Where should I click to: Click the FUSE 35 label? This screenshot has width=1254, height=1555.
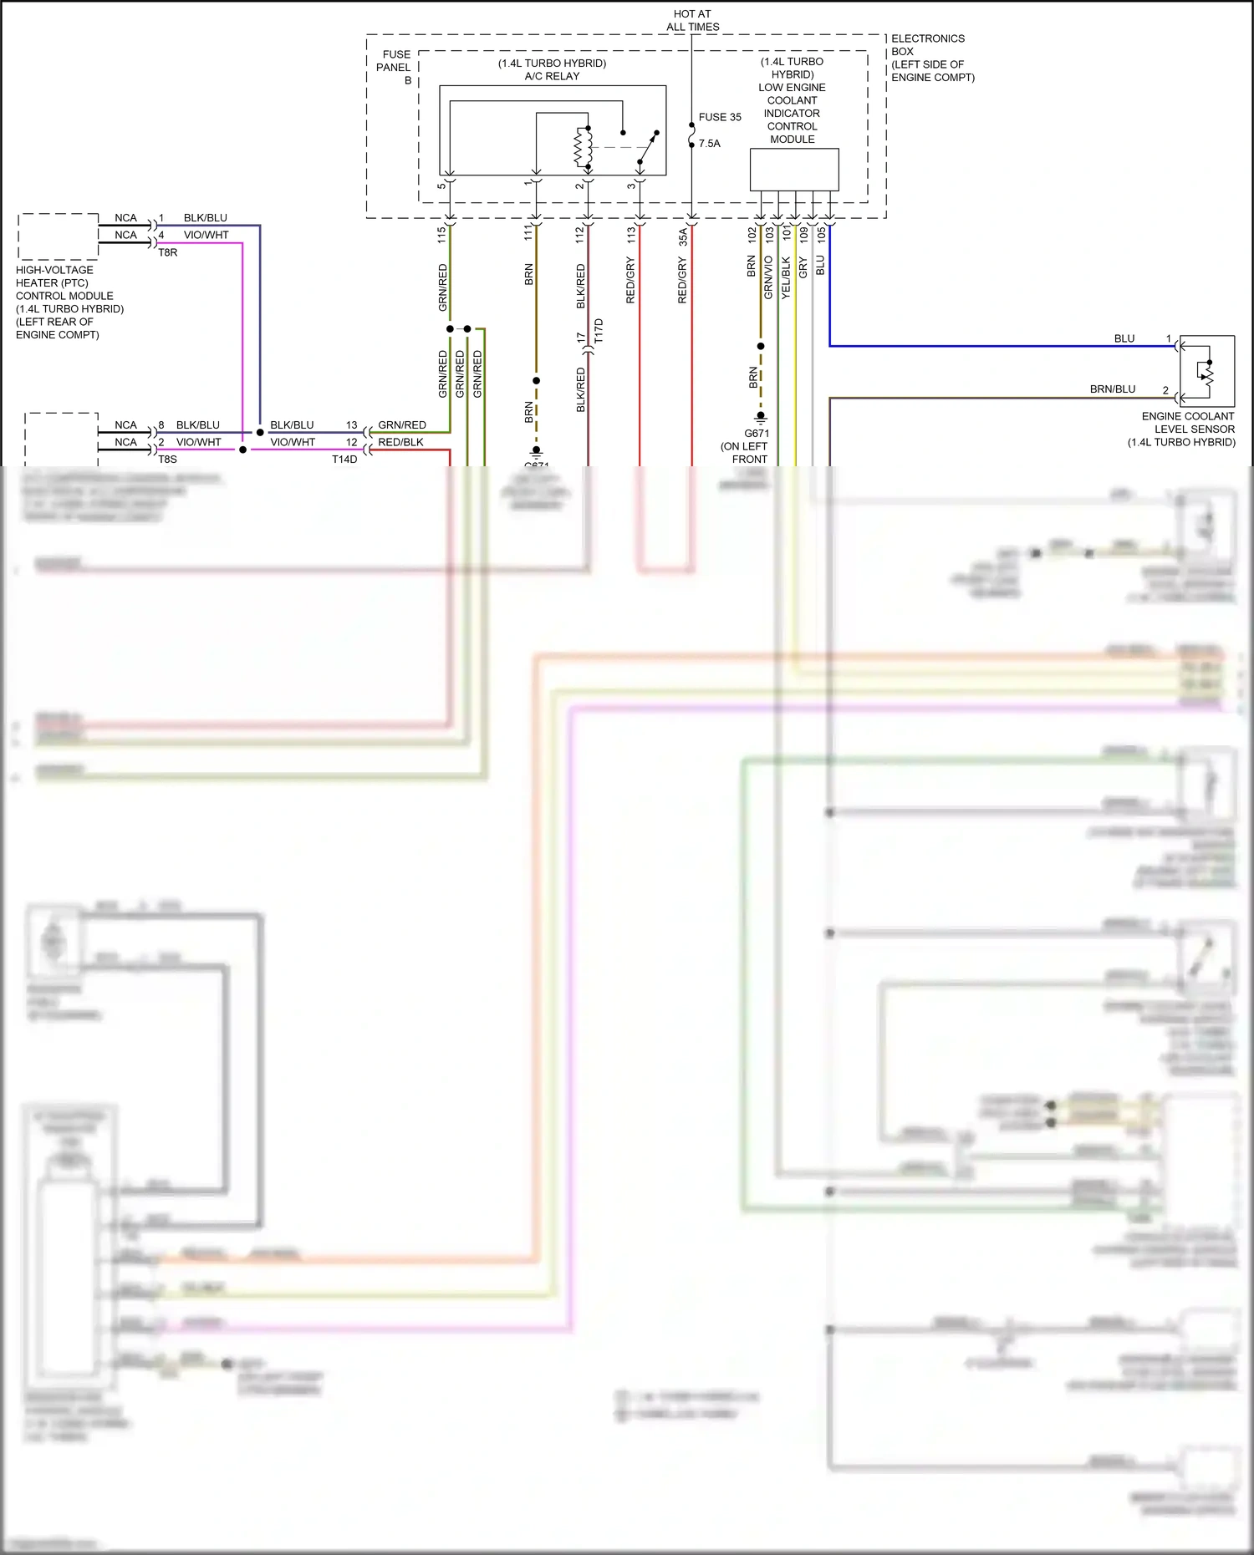tap(719, 117)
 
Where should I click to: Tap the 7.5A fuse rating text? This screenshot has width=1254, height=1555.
tap(709, 144)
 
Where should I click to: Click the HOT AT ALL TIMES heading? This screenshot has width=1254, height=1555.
tap(692, 20)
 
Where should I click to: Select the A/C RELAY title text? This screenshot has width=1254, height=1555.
tap(552, 76)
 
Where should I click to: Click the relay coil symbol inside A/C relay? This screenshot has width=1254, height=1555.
tap(583, 148)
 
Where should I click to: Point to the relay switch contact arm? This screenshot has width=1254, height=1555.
tap(648, 148)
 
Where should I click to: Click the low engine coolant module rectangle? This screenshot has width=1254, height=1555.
tap(793, 170)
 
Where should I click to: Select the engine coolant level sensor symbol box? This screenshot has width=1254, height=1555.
tap(1206, 370)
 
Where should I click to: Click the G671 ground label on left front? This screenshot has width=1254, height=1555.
tap(756, 434)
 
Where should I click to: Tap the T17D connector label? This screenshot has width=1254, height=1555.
tap(599, 331)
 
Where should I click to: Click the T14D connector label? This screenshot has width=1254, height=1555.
tap(344, 460)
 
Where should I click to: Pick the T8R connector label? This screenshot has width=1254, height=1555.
tap(167, 252)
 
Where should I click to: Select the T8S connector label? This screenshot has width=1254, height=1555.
tap(167, 460)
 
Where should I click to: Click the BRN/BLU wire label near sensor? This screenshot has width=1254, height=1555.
tap(1112, 389)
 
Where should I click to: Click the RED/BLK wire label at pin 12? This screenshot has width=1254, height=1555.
tap(400, 442)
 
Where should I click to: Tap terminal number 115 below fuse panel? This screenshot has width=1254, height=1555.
tap(441, 235)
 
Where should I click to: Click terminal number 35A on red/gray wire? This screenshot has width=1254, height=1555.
tap(682, 236)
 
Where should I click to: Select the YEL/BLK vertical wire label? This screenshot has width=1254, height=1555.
tap(786, 277)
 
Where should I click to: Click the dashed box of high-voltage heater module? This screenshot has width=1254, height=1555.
tap(59, 236)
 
